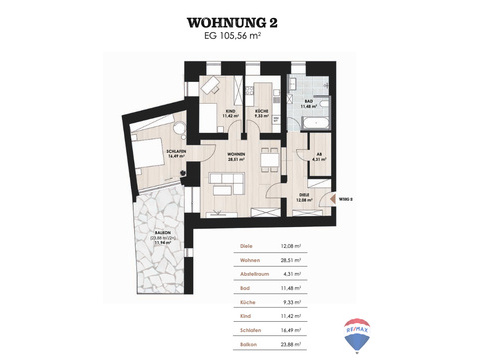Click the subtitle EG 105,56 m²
pyautogui.click(x=239, y=40)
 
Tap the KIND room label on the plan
pyautogui.click(x=229, y=111)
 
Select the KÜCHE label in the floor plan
pyautogui.click(x=259, y=111)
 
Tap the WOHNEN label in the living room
pyautogui.click(x=236, y=154)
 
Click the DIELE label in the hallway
pyautogui.click(x=303, y=196)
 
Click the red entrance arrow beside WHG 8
pyautogui.click(x=332, y=198)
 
